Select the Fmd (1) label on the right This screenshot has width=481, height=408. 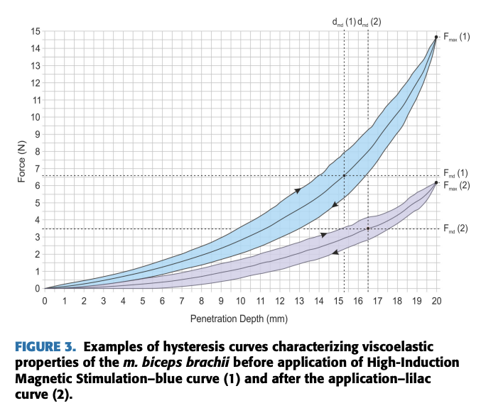455,172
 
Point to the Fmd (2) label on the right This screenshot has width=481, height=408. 455,228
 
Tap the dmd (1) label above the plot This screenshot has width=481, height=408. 344,21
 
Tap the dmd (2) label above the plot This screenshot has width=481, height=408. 369,21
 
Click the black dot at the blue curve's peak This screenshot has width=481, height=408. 436,37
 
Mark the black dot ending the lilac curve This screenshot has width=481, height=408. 436,182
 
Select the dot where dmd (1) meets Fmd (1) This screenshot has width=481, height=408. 345,175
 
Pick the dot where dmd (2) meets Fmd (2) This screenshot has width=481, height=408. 368,228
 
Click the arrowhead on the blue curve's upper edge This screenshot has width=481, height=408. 297,190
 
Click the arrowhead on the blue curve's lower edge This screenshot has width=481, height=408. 334,205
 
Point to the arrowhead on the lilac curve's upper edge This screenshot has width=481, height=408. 323,234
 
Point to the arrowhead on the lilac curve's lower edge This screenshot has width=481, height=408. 335,252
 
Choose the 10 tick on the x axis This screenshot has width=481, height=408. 240,302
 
